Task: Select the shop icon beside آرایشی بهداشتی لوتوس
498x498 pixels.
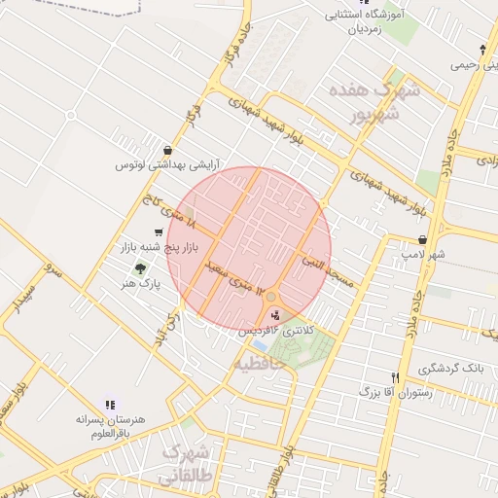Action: pyautogui.click(x=169, y=151)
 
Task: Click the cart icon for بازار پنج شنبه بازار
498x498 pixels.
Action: pyautogui.click(x=159, y=232)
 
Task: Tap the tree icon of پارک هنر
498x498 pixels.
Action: pyautogui.click(x=141, y=267)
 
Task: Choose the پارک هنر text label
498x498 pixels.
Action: pyautogui.click(x=140, y=283)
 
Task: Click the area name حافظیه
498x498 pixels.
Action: pyautogui.click(x=260, y=363)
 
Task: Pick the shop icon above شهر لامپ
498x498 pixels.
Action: pyautogui.click(x=422, y=238)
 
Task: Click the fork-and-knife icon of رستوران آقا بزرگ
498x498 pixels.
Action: pyautogui.click(x=395, y=377)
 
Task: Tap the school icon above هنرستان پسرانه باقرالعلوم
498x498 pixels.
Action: pyautogui.click(x=109, y=403)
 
